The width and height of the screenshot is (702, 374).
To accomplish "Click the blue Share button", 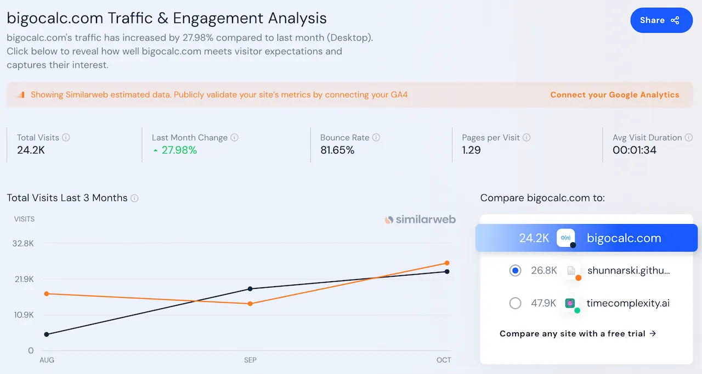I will pos(661,20).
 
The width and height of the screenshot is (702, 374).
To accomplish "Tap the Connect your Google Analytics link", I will pos(614,94).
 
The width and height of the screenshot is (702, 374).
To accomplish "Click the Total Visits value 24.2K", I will pos(31,150).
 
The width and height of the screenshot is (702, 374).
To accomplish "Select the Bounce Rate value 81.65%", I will pos(337,150).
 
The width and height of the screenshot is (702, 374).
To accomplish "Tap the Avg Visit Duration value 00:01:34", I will pos(634,150).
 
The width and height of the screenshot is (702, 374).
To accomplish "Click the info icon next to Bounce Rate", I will pos(376,138).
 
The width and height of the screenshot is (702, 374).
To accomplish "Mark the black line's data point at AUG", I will pos(47,334).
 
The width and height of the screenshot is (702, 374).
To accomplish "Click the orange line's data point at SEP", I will pos(250,304).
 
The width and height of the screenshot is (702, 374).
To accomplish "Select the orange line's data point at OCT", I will pos(447,263).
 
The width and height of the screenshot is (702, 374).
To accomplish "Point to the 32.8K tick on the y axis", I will pos(23,243).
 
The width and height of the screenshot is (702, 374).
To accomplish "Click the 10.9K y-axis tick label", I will pos(23,315).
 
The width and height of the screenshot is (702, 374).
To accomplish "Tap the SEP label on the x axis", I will pos(250,360).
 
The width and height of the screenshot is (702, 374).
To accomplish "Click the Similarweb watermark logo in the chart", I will pos(420,220).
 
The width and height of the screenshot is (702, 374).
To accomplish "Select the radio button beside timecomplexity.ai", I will pos(515,303).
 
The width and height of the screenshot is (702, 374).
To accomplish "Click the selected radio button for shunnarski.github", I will pos(515,270).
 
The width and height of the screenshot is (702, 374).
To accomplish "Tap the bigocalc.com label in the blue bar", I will pos(624,238).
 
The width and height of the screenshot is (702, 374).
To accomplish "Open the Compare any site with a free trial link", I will pos(578,333).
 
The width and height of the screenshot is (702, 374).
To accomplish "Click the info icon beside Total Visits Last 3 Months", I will pos(134,198).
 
